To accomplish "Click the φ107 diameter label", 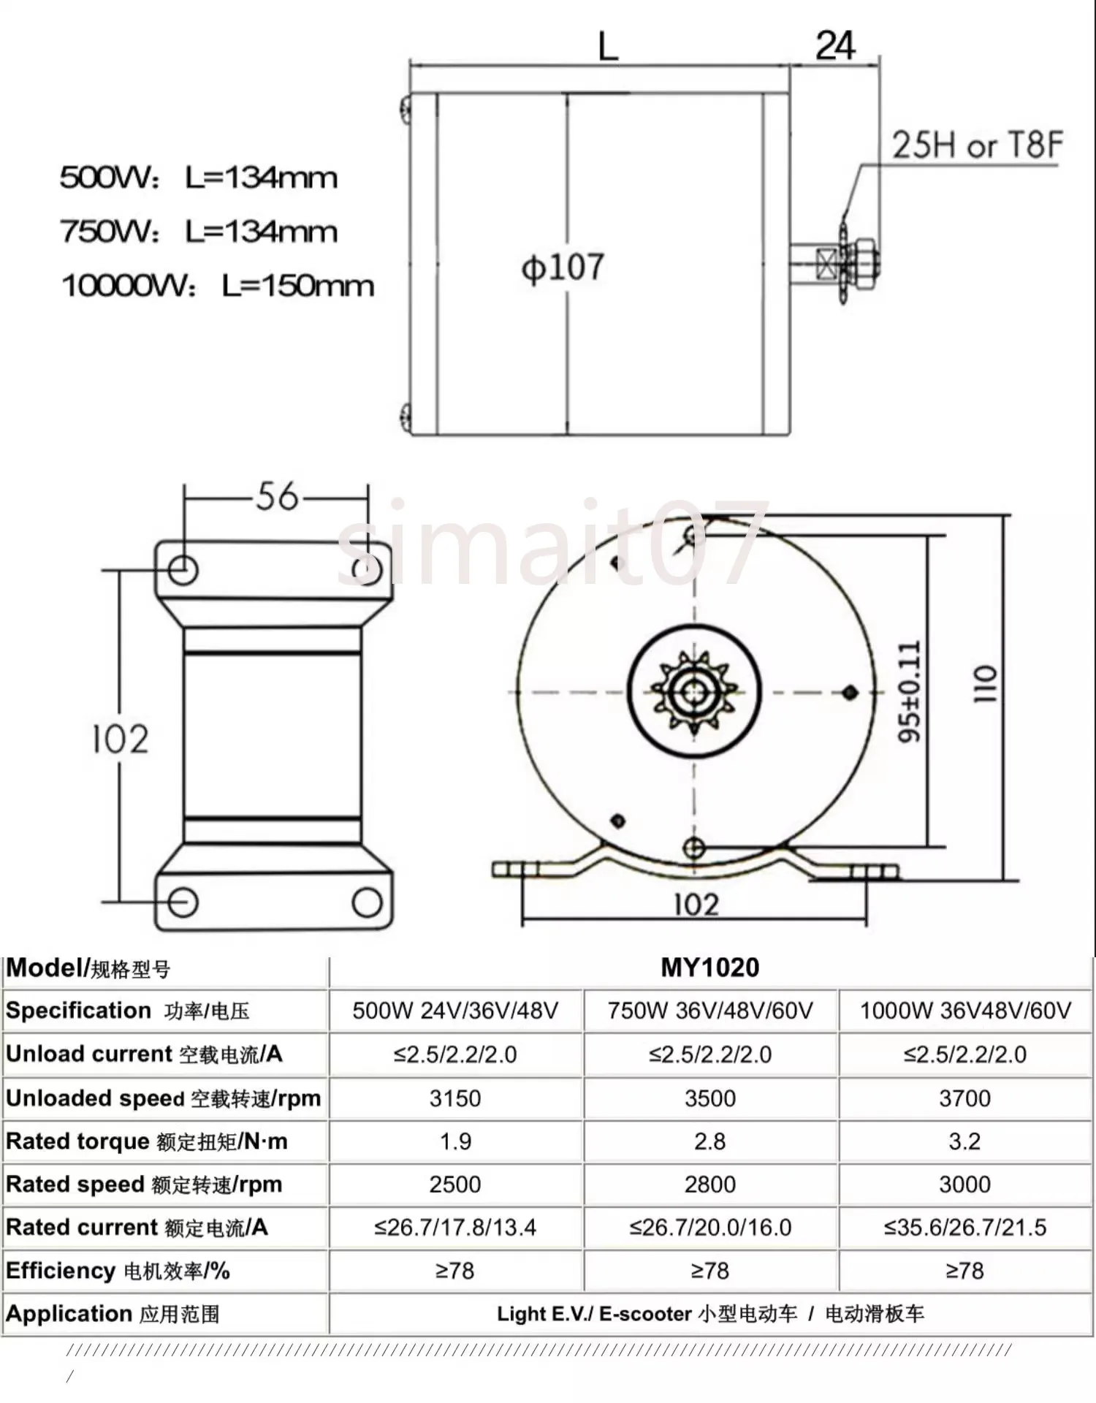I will (563, 267).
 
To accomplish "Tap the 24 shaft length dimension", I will (834, 46).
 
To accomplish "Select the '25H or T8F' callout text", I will (976, 145).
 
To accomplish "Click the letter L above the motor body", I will (608, 47).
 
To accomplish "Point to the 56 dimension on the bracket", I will (277, 497).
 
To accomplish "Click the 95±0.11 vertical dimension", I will (910, 691).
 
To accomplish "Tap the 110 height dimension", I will (984, 684).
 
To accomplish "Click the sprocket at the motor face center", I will (694, 691).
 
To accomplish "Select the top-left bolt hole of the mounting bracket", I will (183, 569).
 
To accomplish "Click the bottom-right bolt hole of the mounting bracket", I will (367, 902).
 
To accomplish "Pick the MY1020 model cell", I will (709, 967).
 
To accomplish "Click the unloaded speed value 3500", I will (709, 1098).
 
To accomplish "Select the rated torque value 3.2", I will (964, 1141).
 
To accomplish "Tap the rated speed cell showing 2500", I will (454, 1185).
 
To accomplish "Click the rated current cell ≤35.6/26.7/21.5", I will (964, 1228).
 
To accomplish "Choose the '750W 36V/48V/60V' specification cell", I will (709, 1011).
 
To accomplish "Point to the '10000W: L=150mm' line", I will (217, 286).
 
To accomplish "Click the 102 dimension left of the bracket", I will (121, 739).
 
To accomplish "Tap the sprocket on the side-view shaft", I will (846, 262).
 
